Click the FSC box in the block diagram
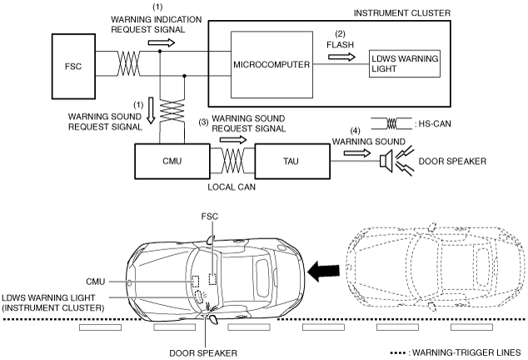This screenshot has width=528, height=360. (73, 66)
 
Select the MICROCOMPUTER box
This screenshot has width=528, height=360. (271, 65)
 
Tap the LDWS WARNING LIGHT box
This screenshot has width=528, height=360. (405, 63)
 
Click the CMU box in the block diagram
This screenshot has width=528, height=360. (172, 162)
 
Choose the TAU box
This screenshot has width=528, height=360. (292, 162)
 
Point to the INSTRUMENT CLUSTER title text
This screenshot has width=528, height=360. (401, 13)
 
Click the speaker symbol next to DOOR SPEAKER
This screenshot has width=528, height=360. (386, 160)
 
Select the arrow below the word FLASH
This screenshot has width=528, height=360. (341, 57)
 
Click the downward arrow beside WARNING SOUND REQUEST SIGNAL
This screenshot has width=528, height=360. (151, 111)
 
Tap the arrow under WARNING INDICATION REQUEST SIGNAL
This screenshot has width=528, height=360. (162, 42)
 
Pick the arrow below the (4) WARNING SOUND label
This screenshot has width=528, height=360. (357, 153)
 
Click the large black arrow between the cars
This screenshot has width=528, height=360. (323, 271)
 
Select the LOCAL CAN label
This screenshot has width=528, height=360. (232, 187)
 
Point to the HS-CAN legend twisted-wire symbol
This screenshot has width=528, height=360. (391, 123)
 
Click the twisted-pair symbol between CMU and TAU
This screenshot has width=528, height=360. (232, 161)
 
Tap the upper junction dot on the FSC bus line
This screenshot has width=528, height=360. (160, 51)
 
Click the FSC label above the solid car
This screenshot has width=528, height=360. (209, 217)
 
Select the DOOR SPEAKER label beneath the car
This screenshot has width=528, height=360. (203, 353)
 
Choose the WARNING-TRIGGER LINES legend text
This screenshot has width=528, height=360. (466, 352)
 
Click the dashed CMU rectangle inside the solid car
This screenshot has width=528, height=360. (195, 281)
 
